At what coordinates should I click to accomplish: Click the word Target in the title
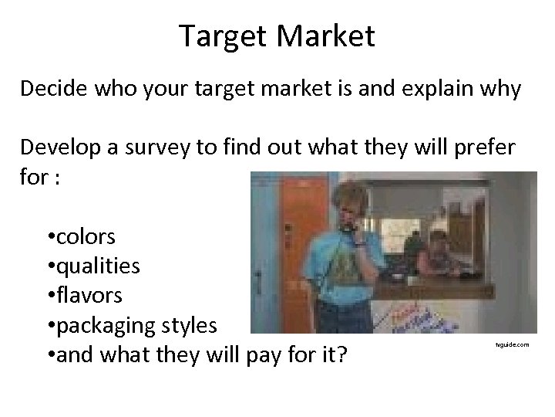coord(223,36)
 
